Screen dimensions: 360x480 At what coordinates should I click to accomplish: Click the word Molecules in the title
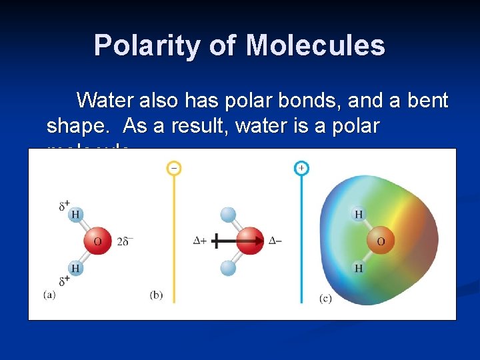[x=315, y=45]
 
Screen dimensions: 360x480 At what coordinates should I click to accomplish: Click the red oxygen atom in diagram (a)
[x=97, y=241]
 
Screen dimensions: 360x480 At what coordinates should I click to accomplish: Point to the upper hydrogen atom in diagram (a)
[x=75, y=214]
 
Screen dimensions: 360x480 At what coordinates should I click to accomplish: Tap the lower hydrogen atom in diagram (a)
[x=75, y=268]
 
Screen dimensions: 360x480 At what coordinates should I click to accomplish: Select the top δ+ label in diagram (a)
[x=65, y=205]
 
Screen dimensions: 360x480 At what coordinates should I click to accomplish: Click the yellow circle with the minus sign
[x=173, y=168]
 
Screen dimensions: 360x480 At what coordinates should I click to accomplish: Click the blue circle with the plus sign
[x=301, y=168]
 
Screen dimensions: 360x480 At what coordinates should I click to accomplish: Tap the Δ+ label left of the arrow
[x=199, y=241]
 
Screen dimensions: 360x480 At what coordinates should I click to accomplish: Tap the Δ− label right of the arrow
[x=275, y=241]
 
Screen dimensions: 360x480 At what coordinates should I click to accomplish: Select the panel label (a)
[x=49, y=295]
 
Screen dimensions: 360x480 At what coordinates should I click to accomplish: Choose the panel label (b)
[x=156, y=295]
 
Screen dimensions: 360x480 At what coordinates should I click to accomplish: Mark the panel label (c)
[x=325, y=298]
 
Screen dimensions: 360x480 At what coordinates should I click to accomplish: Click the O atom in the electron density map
[x=381, y=241]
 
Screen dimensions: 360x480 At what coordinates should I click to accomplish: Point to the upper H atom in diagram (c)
[x=359, y=214]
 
